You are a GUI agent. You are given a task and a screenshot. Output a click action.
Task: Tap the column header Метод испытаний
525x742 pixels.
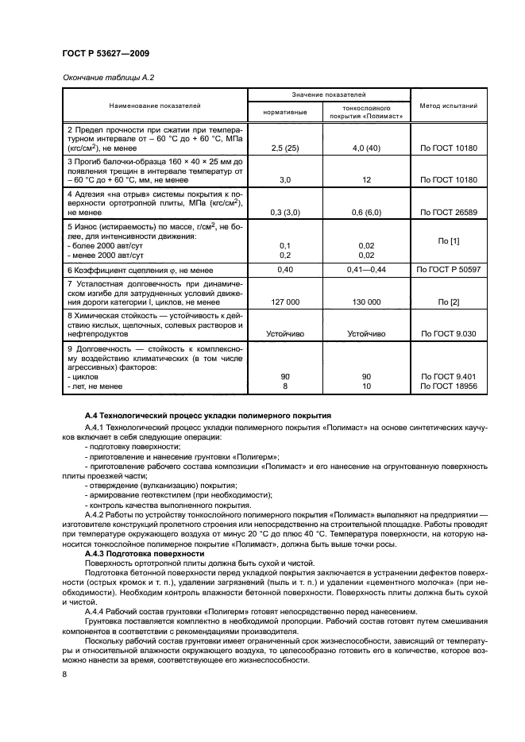447,105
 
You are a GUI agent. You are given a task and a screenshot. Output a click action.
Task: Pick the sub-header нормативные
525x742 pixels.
285,112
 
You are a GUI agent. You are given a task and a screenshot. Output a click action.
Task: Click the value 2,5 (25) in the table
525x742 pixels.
285,148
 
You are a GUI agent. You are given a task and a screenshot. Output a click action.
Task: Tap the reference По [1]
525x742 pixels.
447,240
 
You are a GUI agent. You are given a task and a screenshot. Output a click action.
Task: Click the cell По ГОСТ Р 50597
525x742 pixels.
447,270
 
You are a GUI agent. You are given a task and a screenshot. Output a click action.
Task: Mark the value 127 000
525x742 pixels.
285,302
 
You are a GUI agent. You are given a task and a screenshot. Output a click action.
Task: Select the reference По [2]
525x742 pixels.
447,302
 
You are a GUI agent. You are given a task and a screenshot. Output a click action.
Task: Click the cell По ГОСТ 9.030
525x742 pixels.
447,334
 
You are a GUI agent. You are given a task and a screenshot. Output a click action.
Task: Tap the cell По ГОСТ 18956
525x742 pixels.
447,386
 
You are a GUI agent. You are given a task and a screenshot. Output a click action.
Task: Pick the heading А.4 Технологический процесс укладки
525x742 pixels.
209,416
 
